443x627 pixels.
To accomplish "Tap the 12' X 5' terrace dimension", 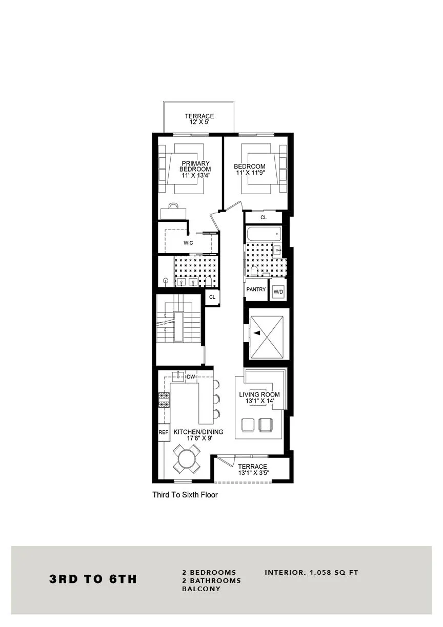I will [x=199, y=123].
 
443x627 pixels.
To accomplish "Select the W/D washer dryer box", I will [x=278, y=292].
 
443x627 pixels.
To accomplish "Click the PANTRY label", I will [x=256, y=289].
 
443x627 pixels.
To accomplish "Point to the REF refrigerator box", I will [x=164, y=432].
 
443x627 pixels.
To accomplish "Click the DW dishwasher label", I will [x=191, y=377].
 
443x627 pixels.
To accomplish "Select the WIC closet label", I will [x=188, y=243].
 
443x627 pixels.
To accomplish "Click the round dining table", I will [x=187, y=458].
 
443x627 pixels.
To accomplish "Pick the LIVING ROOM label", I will [x=259, y=394].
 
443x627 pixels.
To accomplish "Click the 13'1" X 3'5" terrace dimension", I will [x=252, y=473].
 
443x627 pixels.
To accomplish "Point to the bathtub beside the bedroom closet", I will [x=264, y=234].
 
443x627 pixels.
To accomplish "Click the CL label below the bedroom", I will [x=264, y=218].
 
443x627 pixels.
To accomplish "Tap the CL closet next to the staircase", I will [x=212, y=297].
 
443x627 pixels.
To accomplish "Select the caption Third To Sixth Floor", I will [x=185, y=495].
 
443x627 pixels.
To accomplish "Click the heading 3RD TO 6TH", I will [x=93, y=579].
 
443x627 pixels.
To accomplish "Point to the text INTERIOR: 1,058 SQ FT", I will [x=311, y=572].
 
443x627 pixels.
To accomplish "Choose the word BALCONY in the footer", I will [x=201, y=589].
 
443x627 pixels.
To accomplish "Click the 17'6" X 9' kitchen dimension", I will [x=198, y=438].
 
